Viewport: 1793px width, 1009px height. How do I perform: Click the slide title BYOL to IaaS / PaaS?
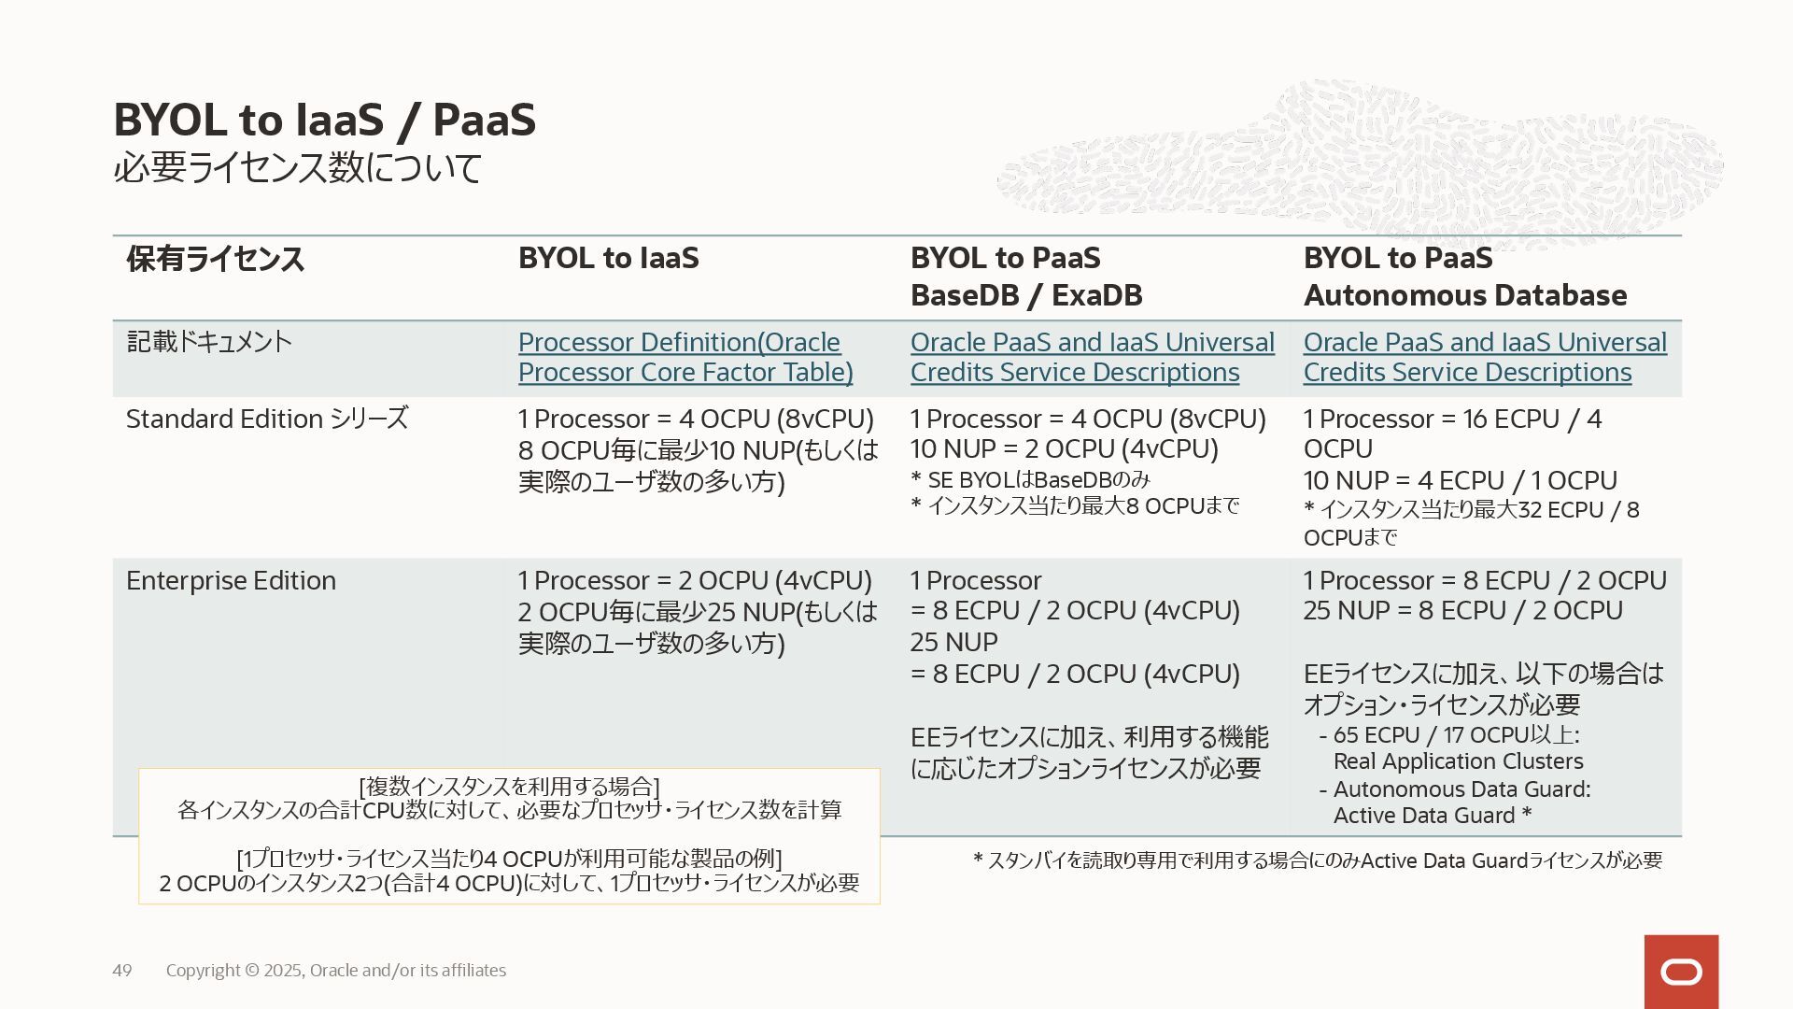point(324,121)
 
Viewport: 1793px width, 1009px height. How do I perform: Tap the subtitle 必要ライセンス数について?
point(297,168)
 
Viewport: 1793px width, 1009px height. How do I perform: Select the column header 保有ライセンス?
point(215,259)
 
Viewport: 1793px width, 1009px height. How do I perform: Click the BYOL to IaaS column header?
point(608,259)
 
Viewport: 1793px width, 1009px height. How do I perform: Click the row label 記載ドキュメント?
point(209,342)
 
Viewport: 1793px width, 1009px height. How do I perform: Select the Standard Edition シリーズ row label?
point(267,419)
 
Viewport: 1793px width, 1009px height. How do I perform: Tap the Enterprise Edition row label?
point(231,580)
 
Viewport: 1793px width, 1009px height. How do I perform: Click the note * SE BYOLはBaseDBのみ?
point(1030,480)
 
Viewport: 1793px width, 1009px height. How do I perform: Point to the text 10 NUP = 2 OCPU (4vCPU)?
point(1064,449)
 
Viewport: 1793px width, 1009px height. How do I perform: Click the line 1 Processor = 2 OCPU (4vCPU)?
point(695,580)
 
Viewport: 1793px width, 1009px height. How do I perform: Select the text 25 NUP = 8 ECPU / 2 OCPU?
point(1462,611)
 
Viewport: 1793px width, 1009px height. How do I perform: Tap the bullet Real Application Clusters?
point(1458,761)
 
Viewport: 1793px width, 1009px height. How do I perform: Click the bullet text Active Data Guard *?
point(1433,816)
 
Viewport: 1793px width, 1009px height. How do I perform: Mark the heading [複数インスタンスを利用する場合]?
point(509,786)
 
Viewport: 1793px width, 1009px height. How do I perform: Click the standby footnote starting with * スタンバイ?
point(1317,860)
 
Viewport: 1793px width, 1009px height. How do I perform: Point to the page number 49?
point(122,971)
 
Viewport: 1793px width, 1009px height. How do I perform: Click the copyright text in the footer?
point(336,971)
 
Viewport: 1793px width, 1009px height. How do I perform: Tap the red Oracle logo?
point(1681,972)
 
